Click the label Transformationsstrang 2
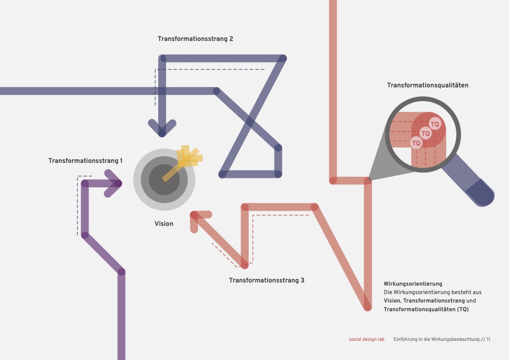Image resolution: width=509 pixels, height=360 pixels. [195, 39]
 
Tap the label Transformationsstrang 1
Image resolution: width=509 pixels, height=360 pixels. [85, 161]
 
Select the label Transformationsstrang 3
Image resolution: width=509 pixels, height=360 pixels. [266, 280]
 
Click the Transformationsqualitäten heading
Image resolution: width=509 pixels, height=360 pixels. [428, 85]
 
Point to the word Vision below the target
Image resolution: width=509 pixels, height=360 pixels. [164, 224]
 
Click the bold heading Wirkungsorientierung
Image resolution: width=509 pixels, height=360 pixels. [413, 284]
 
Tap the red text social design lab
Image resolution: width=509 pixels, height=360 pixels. [366, 339]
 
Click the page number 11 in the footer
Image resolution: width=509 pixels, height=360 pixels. [488, 339]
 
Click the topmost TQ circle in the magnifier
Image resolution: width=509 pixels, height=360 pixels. [435, 124]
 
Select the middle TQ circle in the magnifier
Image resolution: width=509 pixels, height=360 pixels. [426, 133]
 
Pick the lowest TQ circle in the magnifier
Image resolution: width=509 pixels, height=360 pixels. [416, 143]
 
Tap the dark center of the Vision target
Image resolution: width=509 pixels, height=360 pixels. [164, 179]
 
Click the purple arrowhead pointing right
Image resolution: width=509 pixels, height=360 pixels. [117, 183]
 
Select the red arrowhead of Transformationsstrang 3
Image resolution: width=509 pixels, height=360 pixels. [194, 215]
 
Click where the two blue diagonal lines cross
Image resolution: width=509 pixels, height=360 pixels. [250, 122]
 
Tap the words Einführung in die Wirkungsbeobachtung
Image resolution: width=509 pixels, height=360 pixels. [436, 339]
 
